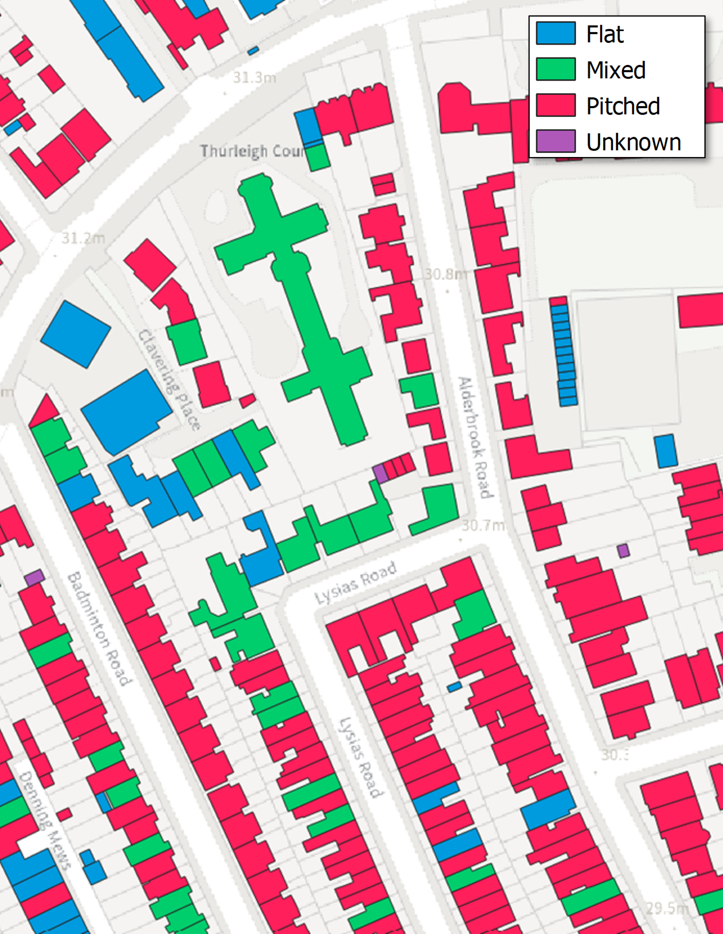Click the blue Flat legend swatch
pos(556,33)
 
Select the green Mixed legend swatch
pos(556,69)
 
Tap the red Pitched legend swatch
pos(556,105)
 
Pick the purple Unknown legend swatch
pos(556,141)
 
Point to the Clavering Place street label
pos(169,379)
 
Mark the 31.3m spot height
pos(254,77)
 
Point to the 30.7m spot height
pos(483,525)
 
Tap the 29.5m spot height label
pos(667,907)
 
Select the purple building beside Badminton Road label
pos(34,578)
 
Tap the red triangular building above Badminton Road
pos(44,412)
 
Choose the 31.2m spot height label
pos(83,238)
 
